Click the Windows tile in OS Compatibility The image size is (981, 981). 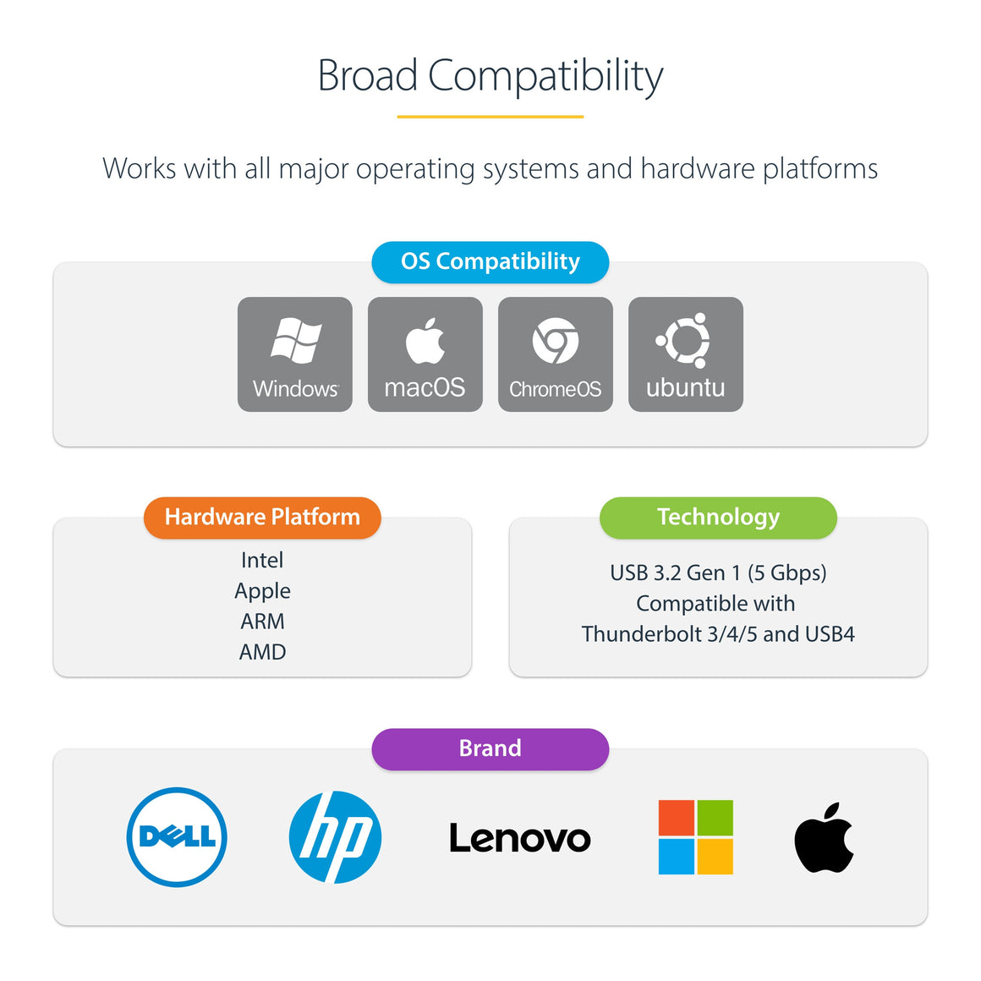295,354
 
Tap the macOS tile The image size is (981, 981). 425,354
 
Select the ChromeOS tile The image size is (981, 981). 556,354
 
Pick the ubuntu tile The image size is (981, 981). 686,354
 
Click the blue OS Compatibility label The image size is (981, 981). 490,262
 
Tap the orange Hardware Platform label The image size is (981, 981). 262,518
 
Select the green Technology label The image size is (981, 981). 718,518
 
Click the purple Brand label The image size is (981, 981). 490,749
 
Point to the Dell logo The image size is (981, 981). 177,837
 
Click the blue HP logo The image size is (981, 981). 335,837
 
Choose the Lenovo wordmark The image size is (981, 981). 520,838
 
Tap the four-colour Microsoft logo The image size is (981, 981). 696,837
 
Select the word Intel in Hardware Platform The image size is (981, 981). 262,560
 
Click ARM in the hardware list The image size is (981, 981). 262,622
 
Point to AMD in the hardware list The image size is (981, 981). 262,652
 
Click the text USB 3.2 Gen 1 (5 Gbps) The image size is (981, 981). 718,573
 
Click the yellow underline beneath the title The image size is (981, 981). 490,117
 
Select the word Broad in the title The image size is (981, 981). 368,76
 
